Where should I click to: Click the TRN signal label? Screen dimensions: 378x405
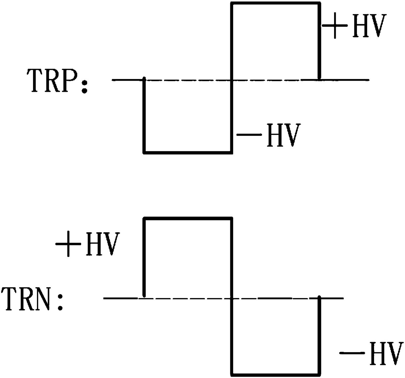coord(28,299)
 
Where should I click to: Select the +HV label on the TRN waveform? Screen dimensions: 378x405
coord(86,244)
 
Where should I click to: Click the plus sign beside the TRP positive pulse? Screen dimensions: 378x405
coord(334,26)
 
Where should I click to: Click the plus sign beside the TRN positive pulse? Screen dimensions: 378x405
coord(68,244)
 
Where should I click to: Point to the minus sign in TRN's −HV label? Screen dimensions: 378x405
coord(352,353)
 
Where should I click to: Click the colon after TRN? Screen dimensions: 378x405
coord(60,303)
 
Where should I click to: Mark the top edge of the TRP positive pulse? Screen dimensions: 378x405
coord(275,3)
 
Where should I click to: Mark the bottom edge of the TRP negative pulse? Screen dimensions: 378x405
coord(188,152)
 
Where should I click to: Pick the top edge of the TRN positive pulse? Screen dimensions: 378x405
coord(188,218)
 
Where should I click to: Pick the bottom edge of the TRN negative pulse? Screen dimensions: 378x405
coord(275,374)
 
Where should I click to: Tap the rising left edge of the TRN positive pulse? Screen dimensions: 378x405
coord(144,258)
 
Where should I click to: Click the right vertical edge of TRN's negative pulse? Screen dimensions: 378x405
coord(319,337)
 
